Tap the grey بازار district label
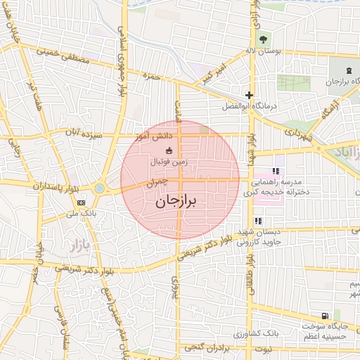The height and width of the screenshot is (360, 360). click(x=62, y=247)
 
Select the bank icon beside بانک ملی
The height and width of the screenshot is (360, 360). click(x=81, y=203)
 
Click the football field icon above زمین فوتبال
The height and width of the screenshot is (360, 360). click(x=169, y=150)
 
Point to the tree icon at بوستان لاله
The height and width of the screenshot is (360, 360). click(x=262, y=39)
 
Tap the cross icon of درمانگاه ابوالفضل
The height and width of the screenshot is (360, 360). click(x=248, y=95)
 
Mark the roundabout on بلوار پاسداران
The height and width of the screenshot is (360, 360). click(x=99, y=188)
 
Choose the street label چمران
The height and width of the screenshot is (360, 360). click(x=158, y=181)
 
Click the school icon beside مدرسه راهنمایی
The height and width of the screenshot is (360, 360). click(x=276, y=170)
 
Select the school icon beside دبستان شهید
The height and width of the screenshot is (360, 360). click(x=258, y=221)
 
